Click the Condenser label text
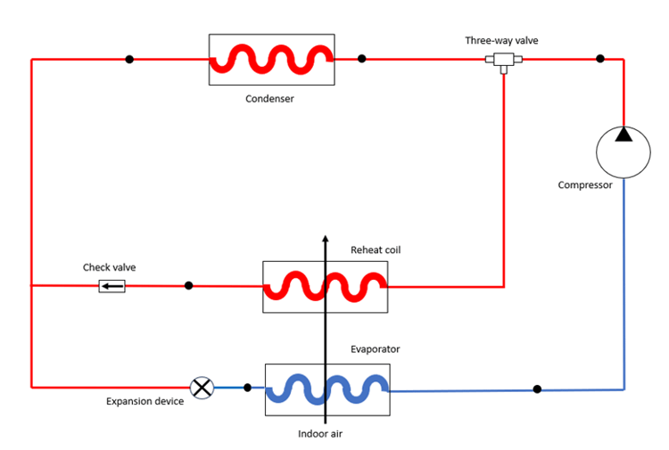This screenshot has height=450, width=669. [x=269, y=99]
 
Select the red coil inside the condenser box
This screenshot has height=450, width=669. [x=271, y=60]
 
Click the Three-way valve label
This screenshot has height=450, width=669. [x=501, y=40]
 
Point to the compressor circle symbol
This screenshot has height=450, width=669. [x=623, y=152]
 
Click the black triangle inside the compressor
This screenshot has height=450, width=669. [x=623, y=135]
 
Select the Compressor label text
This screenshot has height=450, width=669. [x=585, y=185]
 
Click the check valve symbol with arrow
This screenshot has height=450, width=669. [x=111, y=286]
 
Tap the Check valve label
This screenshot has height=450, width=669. [x=110, y=267]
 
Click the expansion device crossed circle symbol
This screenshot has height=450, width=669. [x=202, y=388]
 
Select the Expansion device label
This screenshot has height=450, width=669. [x=145, y=402]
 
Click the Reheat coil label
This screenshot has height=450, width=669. [x=376, y=250]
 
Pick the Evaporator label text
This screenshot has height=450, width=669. [x=375, y=349]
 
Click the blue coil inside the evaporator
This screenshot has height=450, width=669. [x=327, y=389]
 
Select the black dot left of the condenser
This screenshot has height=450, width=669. [x=129, y=60]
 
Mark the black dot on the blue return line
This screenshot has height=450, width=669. [x=537, y=389]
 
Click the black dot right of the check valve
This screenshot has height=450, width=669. [x=188, y=286]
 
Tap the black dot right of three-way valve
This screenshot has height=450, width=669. [x=600, y=59]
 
